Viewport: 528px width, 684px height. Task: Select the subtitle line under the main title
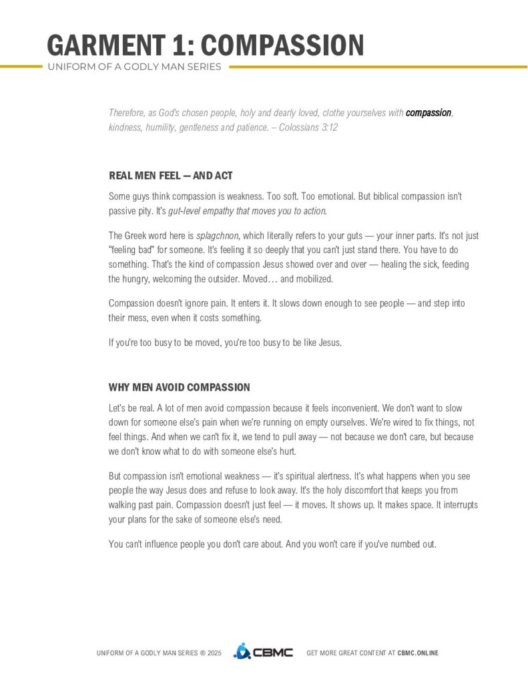pos(134,67)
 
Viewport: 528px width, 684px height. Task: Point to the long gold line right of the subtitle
pos(377,67)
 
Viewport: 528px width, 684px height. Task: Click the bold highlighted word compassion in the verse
pos(429,113)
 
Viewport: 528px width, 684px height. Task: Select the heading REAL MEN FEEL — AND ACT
pos(170,176)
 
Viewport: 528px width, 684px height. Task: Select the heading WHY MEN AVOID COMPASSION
pos(179,387)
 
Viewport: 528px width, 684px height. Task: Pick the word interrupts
pos(459,504)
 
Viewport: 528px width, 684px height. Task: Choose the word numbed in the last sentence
pos(396,544)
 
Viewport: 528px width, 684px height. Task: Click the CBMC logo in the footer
pos(263,652)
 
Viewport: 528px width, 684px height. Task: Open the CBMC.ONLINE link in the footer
pos(418,653)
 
